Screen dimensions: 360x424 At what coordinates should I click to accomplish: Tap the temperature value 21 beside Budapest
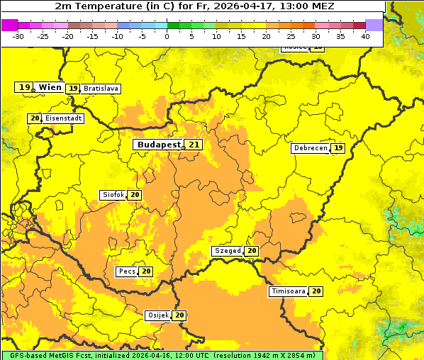[x=194, y=145]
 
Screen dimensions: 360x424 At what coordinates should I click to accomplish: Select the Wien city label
[x=50, y=87]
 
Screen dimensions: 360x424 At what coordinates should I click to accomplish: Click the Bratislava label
[x=100, y=89]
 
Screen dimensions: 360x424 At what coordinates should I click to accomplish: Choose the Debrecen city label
[x=309, y=148]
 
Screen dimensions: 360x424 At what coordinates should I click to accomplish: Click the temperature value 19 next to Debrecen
[x=338, y=148]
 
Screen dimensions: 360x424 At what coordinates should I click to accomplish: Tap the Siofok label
[x=113, y=195]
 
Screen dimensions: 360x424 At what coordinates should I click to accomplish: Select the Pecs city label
[x=127, y=271]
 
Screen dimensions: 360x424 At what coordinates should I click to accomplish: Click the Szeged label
[x=228, y=251]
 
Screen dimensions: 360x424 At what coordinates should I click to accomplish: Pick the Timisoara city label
[x=288, y=291]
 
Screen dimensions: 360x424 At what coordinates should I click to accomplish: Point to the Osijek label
[x=157, y=315]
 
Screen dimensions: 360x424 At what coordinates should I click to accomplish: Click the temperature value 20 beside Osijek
[x=180, y=315]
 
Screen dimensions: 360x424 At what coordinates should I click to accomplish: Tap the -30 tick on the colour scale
[x=18, y=35]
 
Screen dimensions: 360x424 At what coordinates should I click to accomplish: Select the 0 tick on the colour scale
[x=167, y=35]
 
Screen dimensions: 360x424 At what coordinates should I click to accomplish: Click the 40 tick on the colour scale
[x=365, y=35]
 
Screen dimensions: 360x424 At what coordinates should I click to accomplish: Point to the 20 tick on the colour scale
[x=266, y=35]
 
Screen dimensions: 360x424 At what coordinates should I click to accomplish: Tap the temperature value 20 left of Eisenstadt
[x=35, y=118]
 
